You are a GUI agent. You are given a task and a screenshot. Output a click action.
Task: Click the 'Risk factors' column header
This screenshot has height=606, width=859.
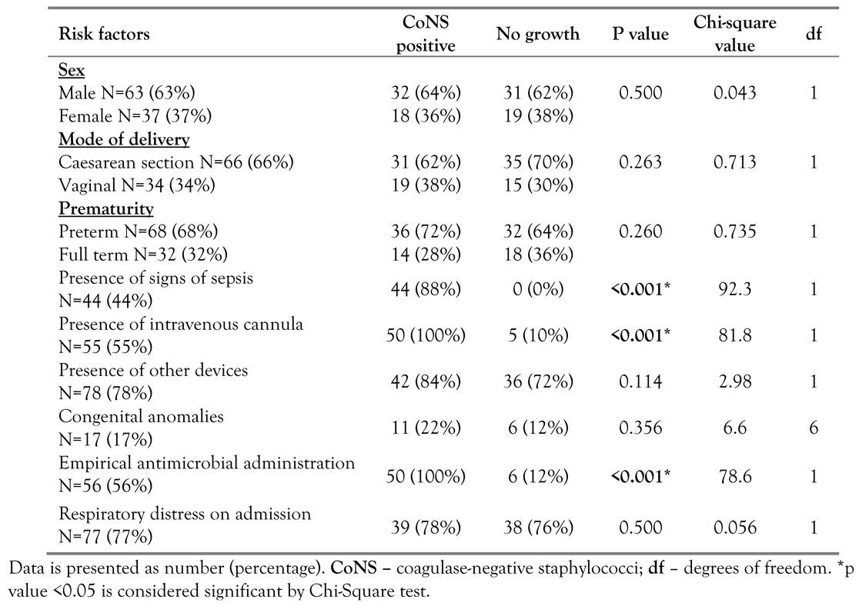[104, 35]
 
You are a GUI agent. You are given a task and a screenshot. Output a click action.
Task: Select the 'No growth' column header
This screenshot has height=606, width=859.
[537, 35]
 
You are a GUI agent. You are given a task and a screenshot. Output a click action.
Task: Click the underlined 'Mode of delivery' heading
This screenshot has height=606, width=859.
[125, 139]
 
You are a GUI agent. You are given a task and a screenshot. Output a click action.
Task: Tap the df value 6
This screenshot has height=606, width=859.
[813, 428]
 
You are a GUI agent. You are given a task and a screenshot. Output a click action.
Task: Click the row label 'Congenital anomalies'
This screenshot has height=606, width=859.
[141, 416]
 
